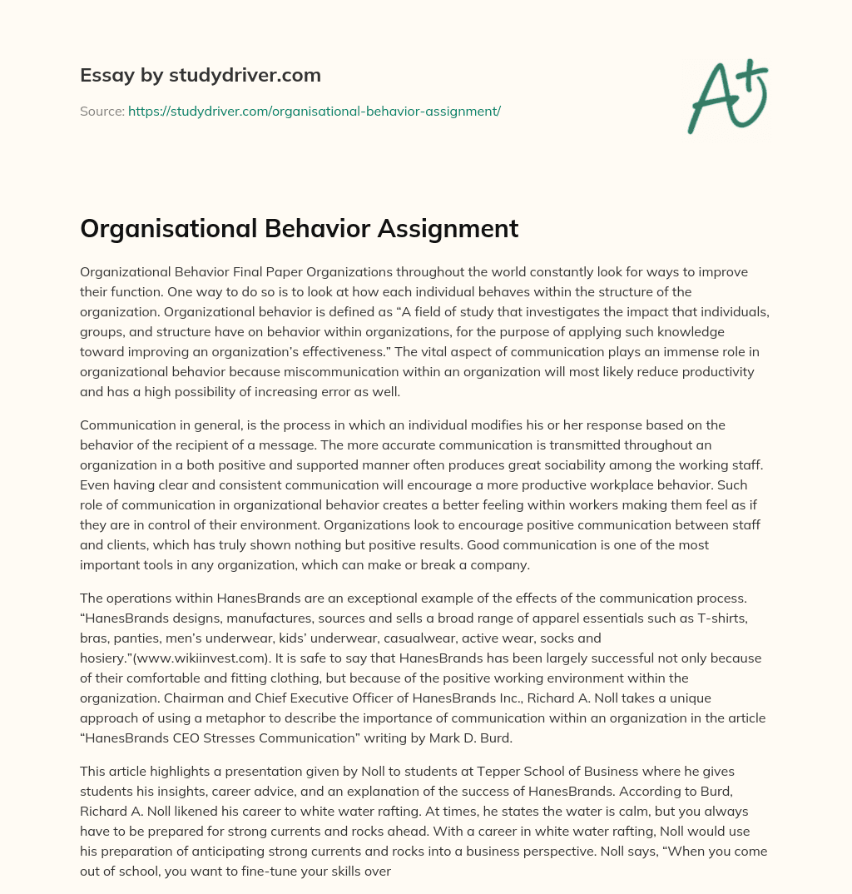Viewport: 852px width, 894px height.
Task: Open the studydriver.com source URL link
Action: (314, 111)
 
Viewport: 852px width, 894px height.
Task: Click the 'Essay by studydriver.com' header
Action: (200, 75)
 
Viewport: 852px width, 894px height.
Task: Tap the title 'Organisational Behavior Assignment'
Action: (299, 228)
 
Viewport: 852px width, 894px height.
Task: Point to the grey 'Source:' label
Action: (102, 111)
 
